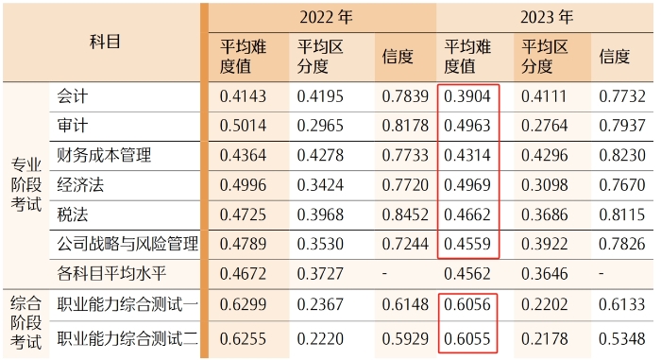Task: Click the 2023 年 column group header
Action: click(548, 17)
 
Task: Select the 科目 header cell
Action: click(105, 42)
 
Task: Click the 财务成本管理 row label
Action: click(104, 156)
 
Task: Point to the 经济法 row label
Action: click(80, 185)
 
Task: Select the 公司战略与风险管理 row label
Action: click(127, 245)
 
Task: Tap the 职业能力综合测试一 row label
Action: click(127, 304)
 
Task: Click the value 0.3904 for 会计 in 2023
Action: click(467, 96)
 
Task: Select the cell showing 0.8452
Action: click(401, 214)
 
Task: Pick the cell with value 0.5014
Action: click(244, 127)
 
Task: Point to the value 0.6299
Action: click(244, 304)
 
